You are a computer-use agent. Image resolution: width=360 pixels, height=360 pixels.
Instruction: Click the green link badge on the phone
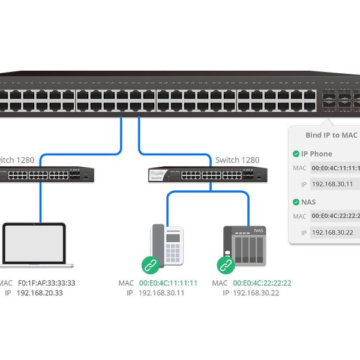coord(150,265)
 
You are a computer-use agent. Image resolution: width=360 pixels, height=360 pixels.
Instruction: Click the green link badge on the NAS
coord(226,265)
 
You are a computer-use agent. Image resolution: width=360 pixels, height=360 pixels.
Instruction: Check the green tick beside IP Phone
coord(296,154)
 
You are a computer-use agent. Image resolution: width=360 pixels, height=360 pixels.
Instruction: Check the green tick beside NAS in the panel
coord(296,202)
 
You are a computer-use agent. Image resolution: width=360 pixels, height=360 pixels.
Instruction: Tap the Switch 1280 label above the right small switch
coord(238,160)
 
